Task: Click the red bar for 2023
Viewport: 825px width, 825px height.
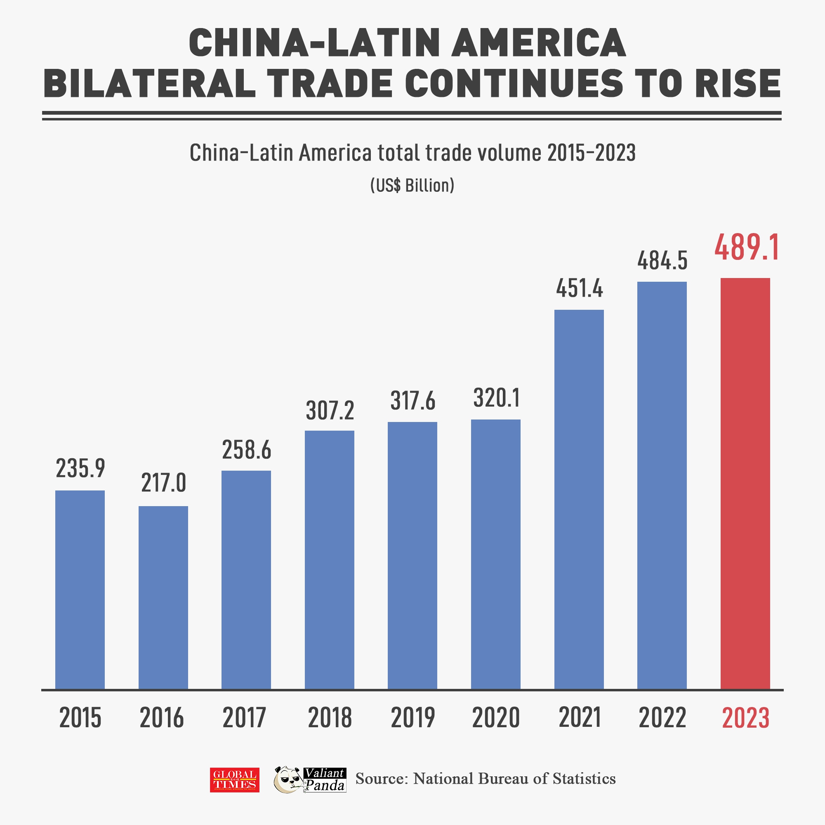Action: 745,483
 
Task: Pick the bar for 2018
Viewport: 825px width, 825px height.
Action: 329,559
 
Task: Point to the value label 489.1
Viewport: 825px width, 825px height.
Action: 747,247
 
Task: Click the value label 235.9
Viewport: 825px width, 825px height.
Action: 80,469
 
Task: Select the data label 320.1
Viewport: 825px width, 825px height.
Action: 496,398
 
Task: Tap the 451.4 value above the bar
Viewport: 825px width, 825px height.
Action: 580,289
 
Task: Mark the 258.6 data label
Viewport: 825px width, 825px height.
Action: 246,450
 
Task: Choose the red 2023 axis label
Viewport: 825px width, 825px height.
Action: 745,718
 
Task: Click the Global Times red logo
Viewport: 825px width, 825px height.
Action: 234,780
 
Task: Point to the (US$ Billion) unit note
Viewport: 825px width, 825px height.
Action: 412,185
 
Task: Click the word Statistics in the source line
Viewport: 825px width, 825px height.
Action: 584,778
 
